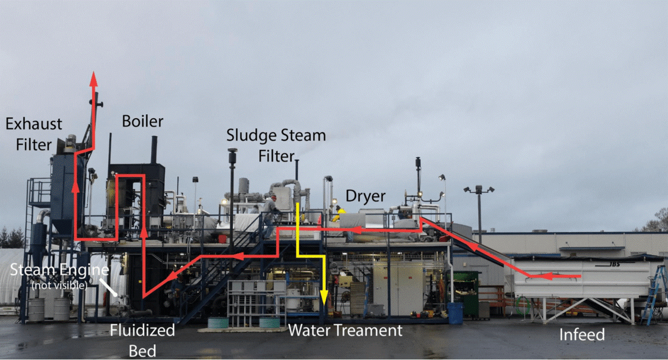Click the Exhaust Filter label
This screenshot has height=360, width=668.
pos(34,134)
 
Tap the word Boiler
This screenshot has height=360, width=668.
pos(143,121)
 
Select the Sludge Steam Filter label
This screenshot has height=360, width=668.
pos(276,145)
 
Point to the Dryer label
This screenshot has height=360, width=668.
pos(366,196)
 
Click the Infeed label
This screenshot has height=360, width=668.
pos(582,334)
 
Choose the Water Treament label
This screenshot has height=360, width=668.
pos(345,331)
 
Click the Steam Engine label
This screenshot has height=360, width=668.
pos(60,270)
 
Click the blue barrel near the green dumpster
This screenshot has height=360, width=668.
pos(455,313)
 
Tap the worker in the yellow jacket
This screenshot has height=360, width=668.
pos(338,214)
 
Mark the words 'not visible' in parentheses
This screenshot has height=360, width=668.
pos(59,285)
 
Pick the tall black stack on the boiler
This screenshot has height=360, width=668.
pos(154,150)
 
